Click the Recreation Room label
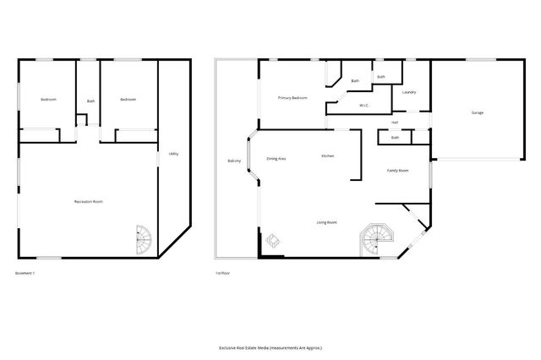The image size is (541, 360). click(89, 201)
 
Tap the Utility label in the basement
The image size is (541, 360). click(172, 153)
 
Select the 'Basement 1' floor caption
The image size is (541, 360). click(26, 273)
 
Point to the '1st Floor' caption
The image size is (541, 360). click(223, 273)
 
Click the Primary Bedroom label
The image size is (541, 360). click(292, 98)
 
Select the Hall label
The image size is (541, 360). click(395, 123)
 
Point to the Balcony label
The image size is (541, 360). click(234, 161)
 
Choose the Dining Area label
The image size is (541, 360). click(276, 159)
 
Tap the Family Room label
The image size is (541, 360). click(398, 171)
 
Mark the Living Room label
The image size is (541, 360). click(327, 221)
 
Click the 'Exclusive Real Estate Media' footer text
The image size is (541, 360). click(270, 347)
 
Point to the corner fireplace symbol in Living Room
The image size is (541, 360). click(273, 243)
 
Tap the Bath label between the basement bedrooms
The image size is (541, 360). click(90, 102)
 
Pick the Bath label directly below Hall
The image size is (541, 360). click(395, 138)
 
